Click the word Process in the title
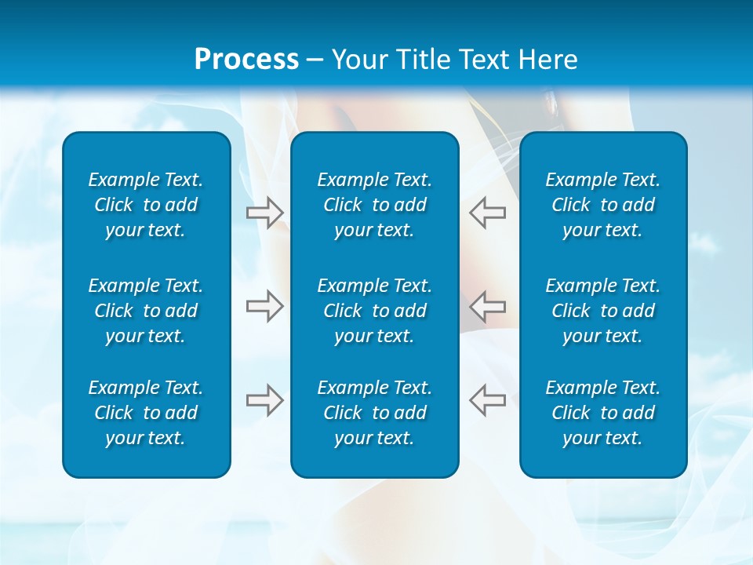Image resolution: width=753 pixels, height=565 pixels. [x=246, y=60]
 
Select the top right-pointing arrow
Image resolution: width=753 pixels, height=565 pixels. [x=264, y=212]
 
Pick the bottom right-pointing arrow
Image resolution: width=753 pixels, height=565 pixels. [x=264, y=400]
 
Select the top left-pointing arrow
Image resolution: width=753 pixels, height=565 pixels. [x=487, y=212]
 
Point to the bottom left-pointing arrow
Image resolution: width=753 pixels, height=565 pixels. [x=487, y=400]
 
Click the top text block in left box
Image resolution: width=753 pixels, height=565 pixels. [x=146, y=205]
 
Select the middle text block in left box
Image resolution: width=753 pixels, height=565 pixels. [x=146, y=310]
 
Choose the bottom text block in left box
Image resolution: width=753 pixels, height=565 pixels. [x=146, y=413]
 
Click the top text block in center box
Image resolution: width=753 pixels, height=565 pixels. [x=374, y=205]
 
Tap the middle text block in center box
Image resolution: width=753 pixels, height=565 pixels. [x=374, y=310]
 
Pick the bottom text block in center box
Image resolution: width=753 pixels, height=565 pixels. [x=374, y=413]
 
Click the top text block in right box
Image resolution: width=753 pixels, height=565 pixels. [x=602, y=205]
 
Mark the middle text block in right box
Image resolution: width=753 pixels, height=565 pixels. [x=602, y=310]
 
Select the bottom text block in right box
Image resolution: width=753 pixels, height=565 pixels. [x=602, y=413]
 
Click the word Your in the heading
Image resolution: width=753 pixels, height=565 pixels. [x=359, y=60]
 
